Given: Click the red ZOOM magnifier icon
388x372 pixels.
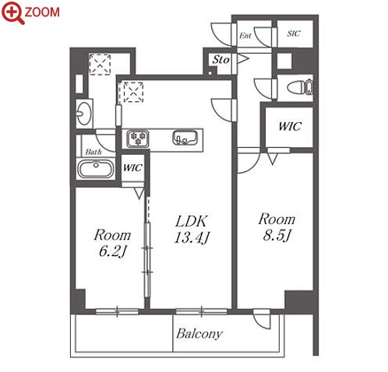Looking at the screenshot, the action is tap(12, 12).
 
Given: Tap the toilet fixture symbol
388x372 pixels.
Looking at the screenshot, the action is tap(300, 87).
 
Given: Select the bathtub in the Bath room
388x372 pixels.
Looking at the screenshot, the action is tap(96, 169).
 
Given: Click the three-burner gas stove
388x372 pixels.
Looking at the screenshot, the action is tap(138, 139).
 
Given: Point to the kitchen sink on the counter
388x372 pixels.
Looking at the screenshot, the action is tap(185, 138).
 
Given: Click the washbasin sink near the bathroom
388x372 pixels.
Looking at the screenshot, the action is tap(83, 114).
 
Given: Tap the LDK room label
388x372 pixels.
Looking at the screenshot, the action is tap(192, 221).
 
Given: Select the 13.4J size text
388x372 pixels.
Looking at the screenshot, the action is tap(192, 237).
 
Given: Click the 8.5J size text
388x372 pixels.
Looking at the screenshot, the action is tap(277, 236).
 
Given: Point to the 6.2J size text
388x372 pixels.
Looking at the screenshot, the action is tap(113, 251).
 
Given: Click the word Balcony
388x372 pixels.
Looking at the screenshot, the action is tap(199, 334).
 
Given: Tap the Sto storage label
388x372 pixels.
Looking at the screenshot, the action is tap(220, 60).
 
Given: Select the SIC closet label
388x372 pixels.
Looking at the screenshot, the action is tap(294, 33).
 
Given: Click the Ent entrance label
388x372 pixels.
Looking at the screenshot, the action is tap(245, 36).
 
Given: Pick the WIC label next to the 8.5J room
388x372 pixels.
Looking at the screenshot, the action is tap(290, 126).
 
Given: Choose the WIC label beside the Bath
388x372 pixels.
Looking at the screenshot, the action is tap(132, 167).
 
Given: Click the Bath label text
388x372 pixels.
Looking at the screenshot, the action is tap(93, 152).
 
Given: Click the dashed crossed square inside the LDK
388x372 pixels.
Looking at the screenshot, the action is tap(133, 92).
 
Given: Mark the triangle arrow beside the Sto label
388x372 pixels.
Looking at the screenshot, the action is tap(243, 59).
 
